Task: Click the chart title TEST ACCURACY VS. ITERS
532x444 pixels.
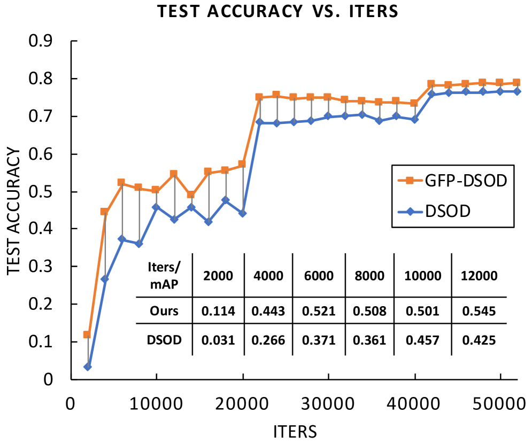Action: pyautogui.click(x=277, y=12)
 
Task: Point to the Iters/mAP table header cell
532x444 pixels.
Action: pyautogui.click(x=163, y=276)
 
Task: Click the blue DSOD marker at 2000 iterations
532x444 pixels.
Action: pyautogui.click(x=88, y=367)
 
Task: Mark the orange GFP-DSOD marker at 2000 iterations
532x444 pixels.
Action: pyautogui.click(x=87, y=335)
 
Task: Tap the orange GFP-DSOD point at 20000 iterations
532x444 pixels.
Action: pyautogui.click(x=242, y=164)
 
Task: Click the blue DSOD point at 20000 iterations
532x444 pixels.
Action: pyautogui.click(x=242, y=213)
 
